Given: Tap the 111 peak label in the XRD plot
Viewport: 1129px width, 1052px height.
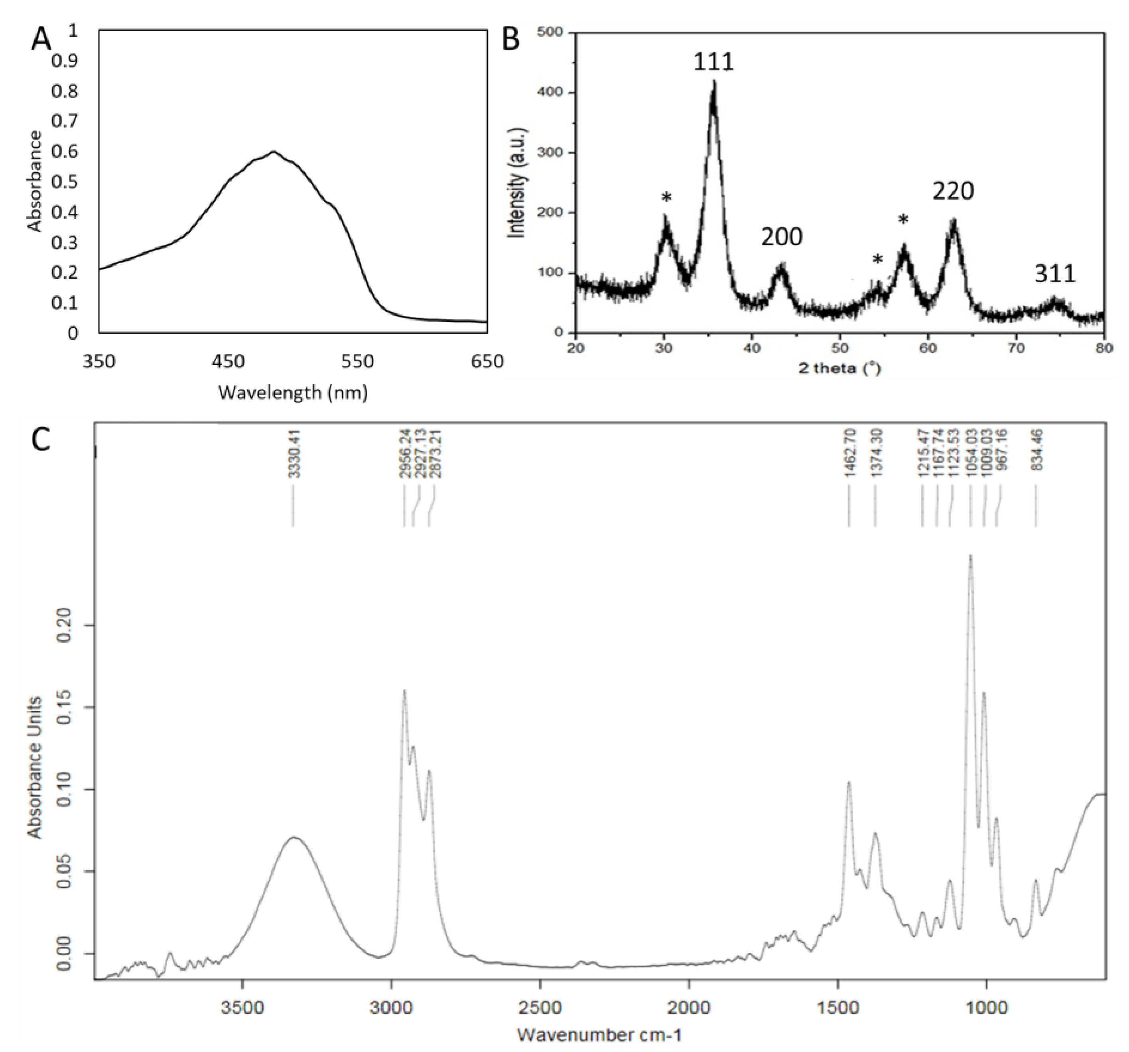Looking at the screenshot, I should (x=713, y=61).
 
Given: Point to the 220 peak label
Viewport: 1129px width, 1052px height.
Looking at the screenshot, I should (x=953, y=191).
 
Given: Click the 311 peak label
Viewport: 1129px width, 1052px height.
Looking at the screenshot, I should (x=1054, y=274).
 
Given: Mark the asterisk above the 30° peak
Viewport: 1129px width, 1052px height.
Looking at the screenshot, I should (x=666, y=198).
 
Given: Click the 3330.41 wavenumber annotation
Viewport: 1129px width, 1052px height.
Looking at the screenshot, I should (x=294, y=454).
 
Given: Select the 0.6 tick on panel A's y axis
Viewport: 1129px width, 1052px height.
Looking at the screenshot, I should (x=65, y=151).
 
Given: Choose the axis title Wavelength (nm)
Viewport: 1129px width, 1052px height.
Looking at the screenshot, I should (x=292, y=392).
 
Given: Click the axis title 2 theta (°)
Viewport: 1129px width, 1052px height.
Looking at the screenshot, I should (x=839, y=368).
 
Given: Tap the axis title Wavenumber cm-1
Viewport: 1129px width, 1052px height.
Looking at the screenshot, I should (x=599, y=1034).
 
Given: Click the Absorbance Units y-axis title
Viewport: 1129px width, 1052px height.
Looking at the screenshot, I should (x=35, y=767).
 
